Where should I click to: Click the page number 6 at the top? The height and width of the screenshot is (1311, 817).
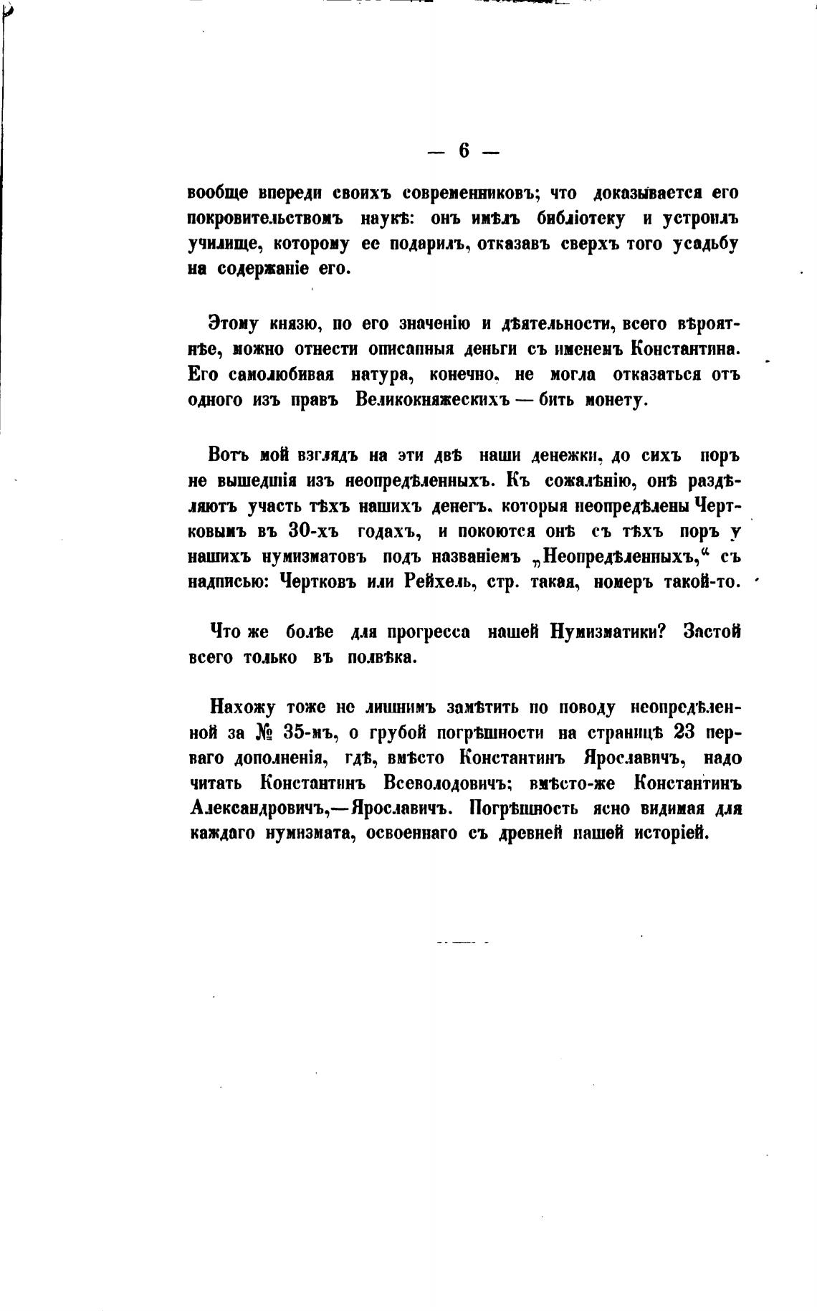pyautogui.click(x=464, y=151)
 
